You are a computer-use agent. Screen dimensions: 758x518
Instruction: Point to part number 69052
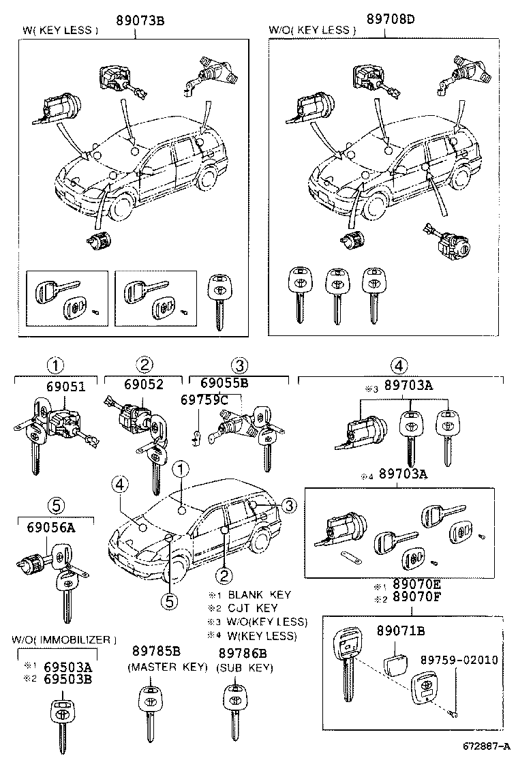(144, 384)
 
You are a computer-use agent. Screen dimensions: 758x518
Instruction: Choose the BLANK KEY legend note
(252, 594)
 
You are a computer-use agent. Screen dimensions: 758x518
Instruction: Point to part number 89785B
(156, 652)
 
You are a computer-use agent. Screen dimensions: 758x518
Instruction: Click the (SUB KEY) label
(245, 668)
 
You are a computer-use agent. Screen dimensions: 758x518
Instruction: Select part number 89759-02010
(458, 660)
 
